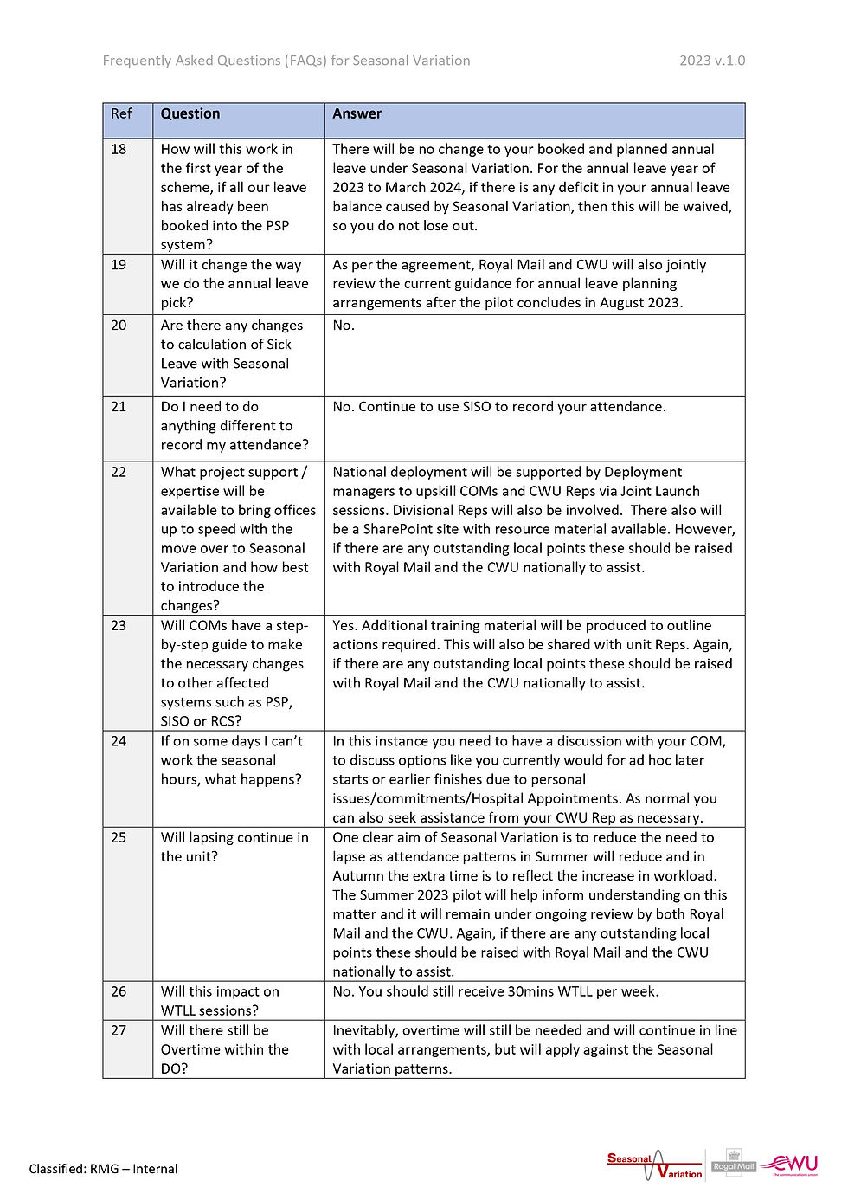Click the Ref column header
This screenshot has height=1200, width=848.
click(121, 113)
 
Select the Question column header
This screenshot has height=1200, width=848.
click(190, 113)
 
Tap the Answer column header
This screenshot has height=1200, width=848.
click(357, 113)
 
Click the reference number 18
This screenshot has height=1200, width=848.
click(119, 149)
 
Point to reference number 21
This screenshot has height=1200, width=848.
click(119, 407)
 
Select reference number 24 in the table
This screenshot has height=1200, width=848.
click(119, 741)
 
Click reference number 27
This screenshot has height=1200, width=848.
click(119, 1030)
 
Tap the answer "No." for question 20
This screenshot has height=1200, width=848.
click(344, 326)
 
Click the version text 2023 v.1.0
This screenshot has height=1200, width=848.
click(711, 61)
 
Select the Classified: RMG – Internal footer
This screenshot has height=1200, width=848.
click(103, 1169)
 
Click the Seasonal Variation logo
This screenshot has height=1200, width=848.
click(655, 1165)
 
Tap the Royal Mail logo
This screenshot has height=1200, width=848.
click(734, 1165)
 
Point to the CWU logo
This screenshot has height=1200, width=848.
click(790, 1164)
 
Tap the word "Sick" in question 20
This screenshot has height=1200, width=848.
click(279, 345)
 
